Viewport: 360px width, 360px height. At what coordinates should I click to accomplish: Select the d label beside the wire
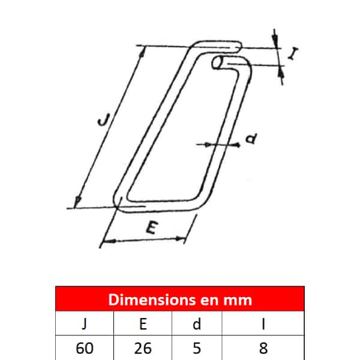pos(251,138)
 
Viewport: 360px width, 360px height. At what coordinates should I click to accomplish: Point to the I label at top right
pos(293,54)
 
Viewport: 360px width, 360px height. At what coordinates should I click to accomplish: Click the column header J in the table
pos(84,324)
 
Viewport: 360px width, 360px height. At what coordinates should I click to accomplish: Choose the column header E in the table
pos(143,324)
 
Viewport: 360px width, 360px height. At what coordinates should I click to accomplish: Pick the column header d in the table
pos(197,324)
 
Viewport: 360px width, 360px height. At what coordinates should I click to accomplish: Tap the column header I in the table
pos(263,324)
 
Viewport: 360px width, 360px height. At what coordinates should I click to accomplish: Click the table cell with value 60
pos(85,348)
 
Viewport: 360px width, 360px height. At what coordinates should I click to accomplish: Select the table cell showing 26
pos(143,348)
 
